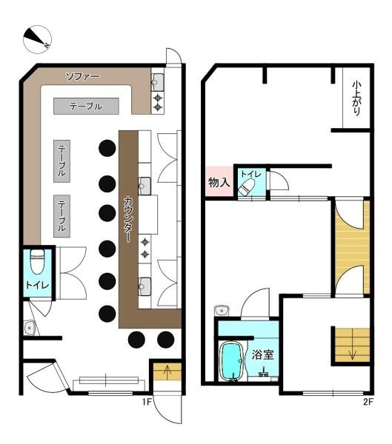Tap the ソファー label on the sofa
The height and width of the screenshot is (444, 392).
coord(83,76)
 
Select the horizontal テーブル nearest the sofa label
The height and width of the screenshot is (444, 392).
coord(86,107)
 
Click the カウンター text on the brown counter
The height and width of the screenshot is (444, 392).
coord(129,219)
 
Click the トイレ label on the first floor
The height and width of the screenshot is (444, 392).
coord(37,285)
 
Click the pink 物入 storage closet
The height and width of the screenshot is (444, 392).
coord(219,182)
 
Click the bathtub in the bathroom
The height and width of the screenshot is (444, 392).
coord(233,360)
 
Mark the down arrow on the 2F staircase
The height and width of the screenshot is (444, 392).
coord(351,351)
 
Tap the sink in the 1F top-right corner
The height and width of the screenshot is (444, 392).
coord(158,80)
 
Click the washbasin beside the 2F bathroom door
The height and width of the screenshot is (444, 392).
coord(220,309)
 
